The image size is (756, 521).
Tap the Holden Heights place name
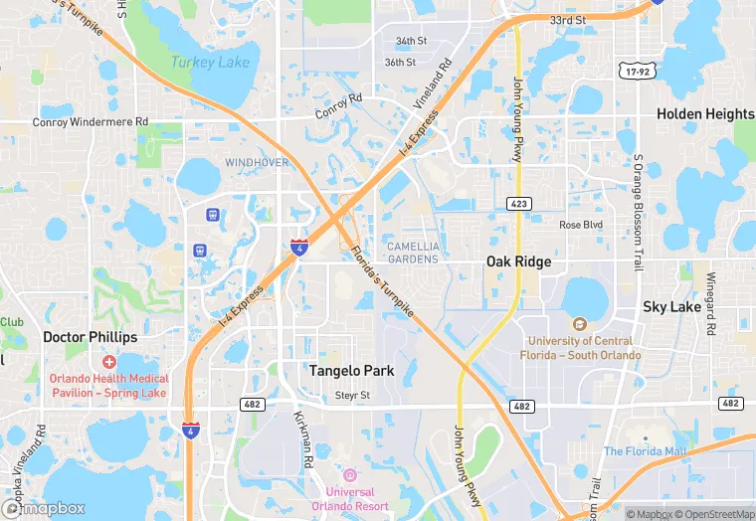tap(704, 114)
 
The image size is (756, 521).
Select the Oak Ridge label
tap(518, 261)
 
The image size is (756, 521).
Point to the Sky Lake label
tap(671, 307)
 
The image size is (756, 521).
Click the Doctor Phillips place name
tap(90, 337)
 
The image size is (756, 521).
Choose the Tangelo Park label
tap(351, 371)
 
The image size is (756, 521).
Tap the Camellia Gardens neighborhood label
tap(412, 253)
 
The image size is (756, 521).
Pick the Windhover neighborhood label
tap(256, 162)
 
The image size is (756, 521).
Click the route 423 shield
tap(519, 204)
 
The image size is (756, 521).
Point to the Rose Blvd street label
tap(581, 225)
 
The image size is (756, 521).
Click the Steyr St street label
tap(352, 395)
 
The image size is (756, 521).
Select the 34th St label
tap(411, 42)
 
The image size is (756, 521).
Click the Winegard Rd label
tap(711, 302)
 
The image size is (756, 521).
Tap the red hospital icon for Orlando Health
tap(108, 362)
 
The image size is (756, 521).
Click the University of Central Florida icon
tap(579, 323)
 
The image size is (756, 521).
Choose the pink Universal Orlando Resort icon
tap(349, 474)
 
